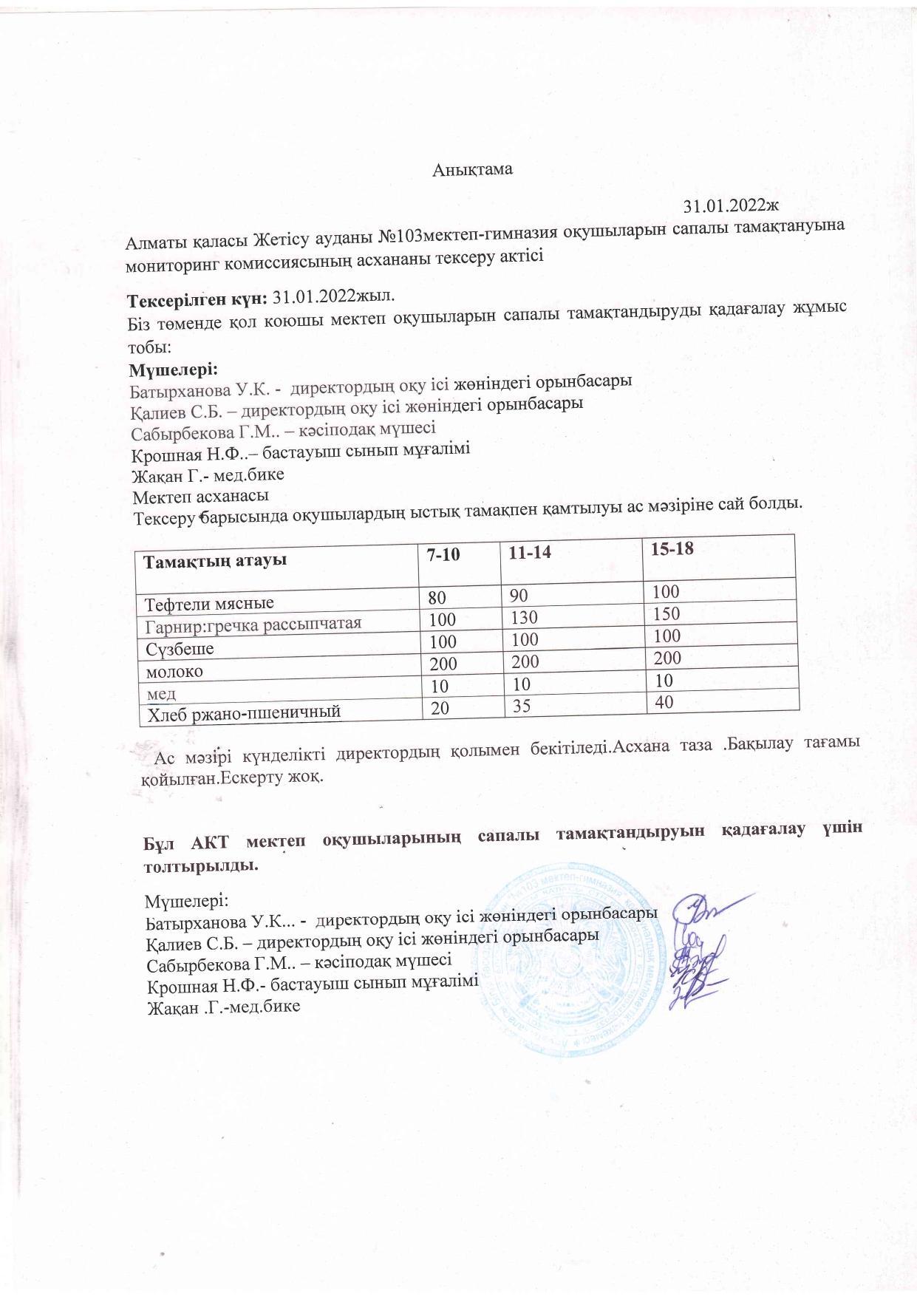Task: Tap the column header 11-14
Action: point(525,553)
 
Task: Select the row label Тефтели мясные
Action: point(210,602)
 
